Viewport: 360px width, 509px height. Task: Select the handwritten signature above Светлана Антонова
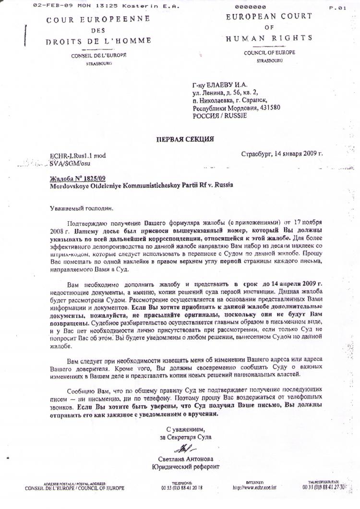(184, 449)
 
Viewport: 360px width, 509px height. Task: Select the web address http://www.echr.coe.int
(255, 487)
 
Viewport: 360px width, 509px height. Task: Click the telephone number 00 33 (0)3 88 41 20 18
(182, 487)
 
